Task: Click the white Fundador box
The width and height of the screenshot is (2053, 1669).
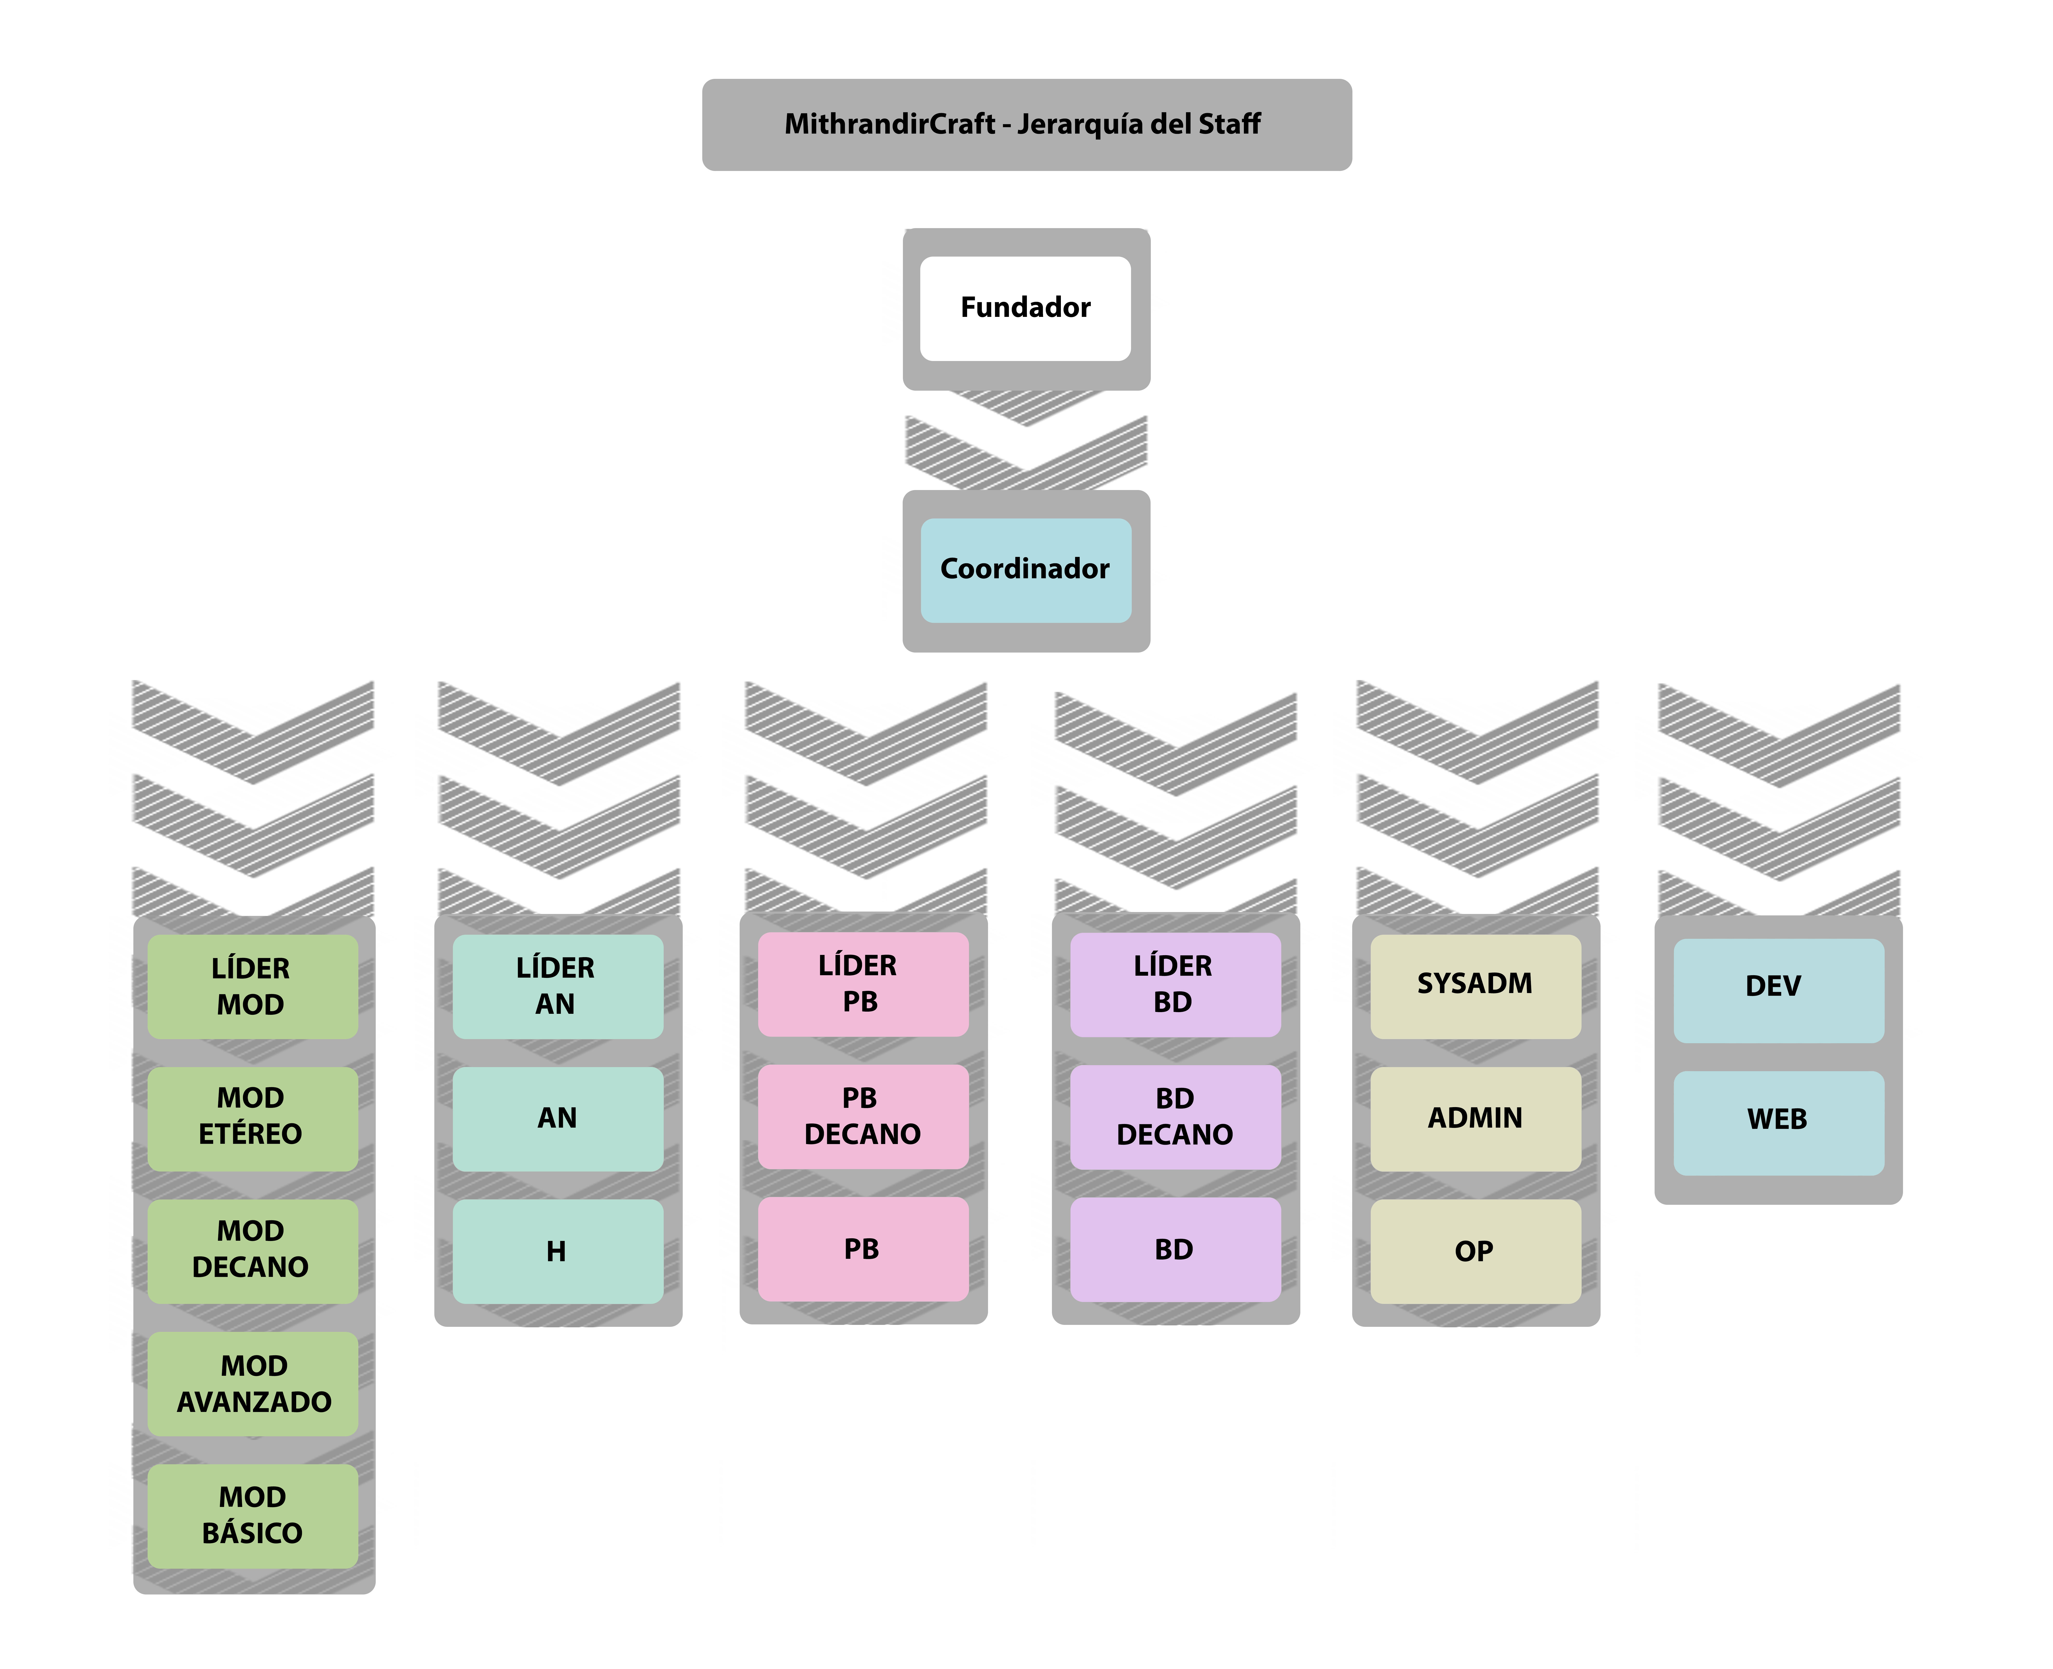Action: coord(1025,309)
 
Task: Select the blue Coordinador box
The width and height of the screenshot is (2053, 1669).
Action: coord(1025,570)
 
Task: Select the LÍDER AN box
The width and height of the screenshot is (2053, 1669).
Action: coord(558,986)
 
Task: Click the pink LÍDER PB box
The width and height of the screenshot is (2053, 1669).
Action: coord(863,983)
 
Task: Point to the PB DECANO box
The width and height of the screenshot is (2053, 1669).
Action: coord(863,1116)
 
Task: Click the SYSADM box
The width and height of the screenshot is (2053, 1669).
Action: coord(1475,986)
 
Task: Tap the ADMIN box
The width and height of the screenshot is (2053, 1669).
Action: coord(1475,1118)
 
